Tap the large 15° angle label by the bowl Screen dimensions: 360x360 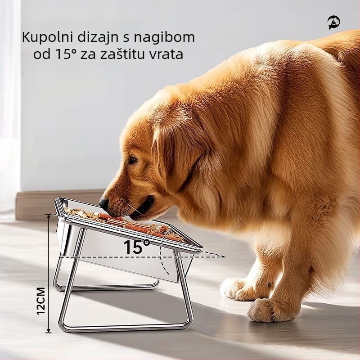tap(137, 247)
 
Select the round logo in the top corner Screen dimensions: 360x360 tap(333, 22)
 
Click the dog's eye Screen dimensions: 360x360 tap(132, 160)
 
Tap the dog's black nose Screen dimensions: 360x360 tap(104, 203)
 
